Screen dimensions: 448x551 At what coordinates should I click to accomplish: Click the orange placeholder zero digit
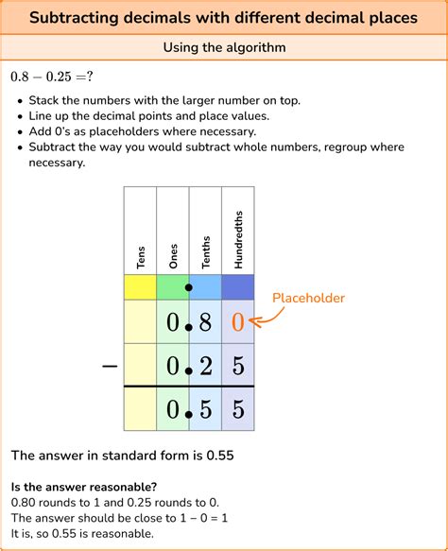(x=237, y=323)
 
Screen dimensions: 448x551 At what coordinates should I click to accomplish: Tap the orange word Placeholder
(x=308, y=299)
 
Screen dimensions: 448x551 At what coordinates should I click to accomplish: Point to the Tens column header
(x=140, y=257)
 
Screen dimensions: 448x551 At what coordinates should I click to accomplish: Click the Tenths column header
(x=205, y=251)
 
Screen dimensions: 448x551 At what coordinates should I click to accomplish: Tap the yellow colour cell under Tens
(x=140, y=287)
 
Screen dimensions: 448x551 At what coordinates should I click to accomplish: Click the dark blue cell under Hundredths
(x=237, y=287)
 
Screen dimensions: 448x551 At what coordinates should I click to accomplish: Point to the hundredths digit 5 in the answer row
(x=237, y=409)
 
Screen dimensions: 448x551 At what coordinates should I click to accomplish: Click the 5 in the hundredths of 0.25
(x=237, y=366)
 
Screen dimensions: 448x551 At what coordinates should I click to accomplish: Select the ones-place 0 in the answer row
(x=173, y=409)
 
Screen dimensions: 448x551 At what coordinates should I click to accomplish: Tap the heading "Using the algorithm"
(x=224, y=47)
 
